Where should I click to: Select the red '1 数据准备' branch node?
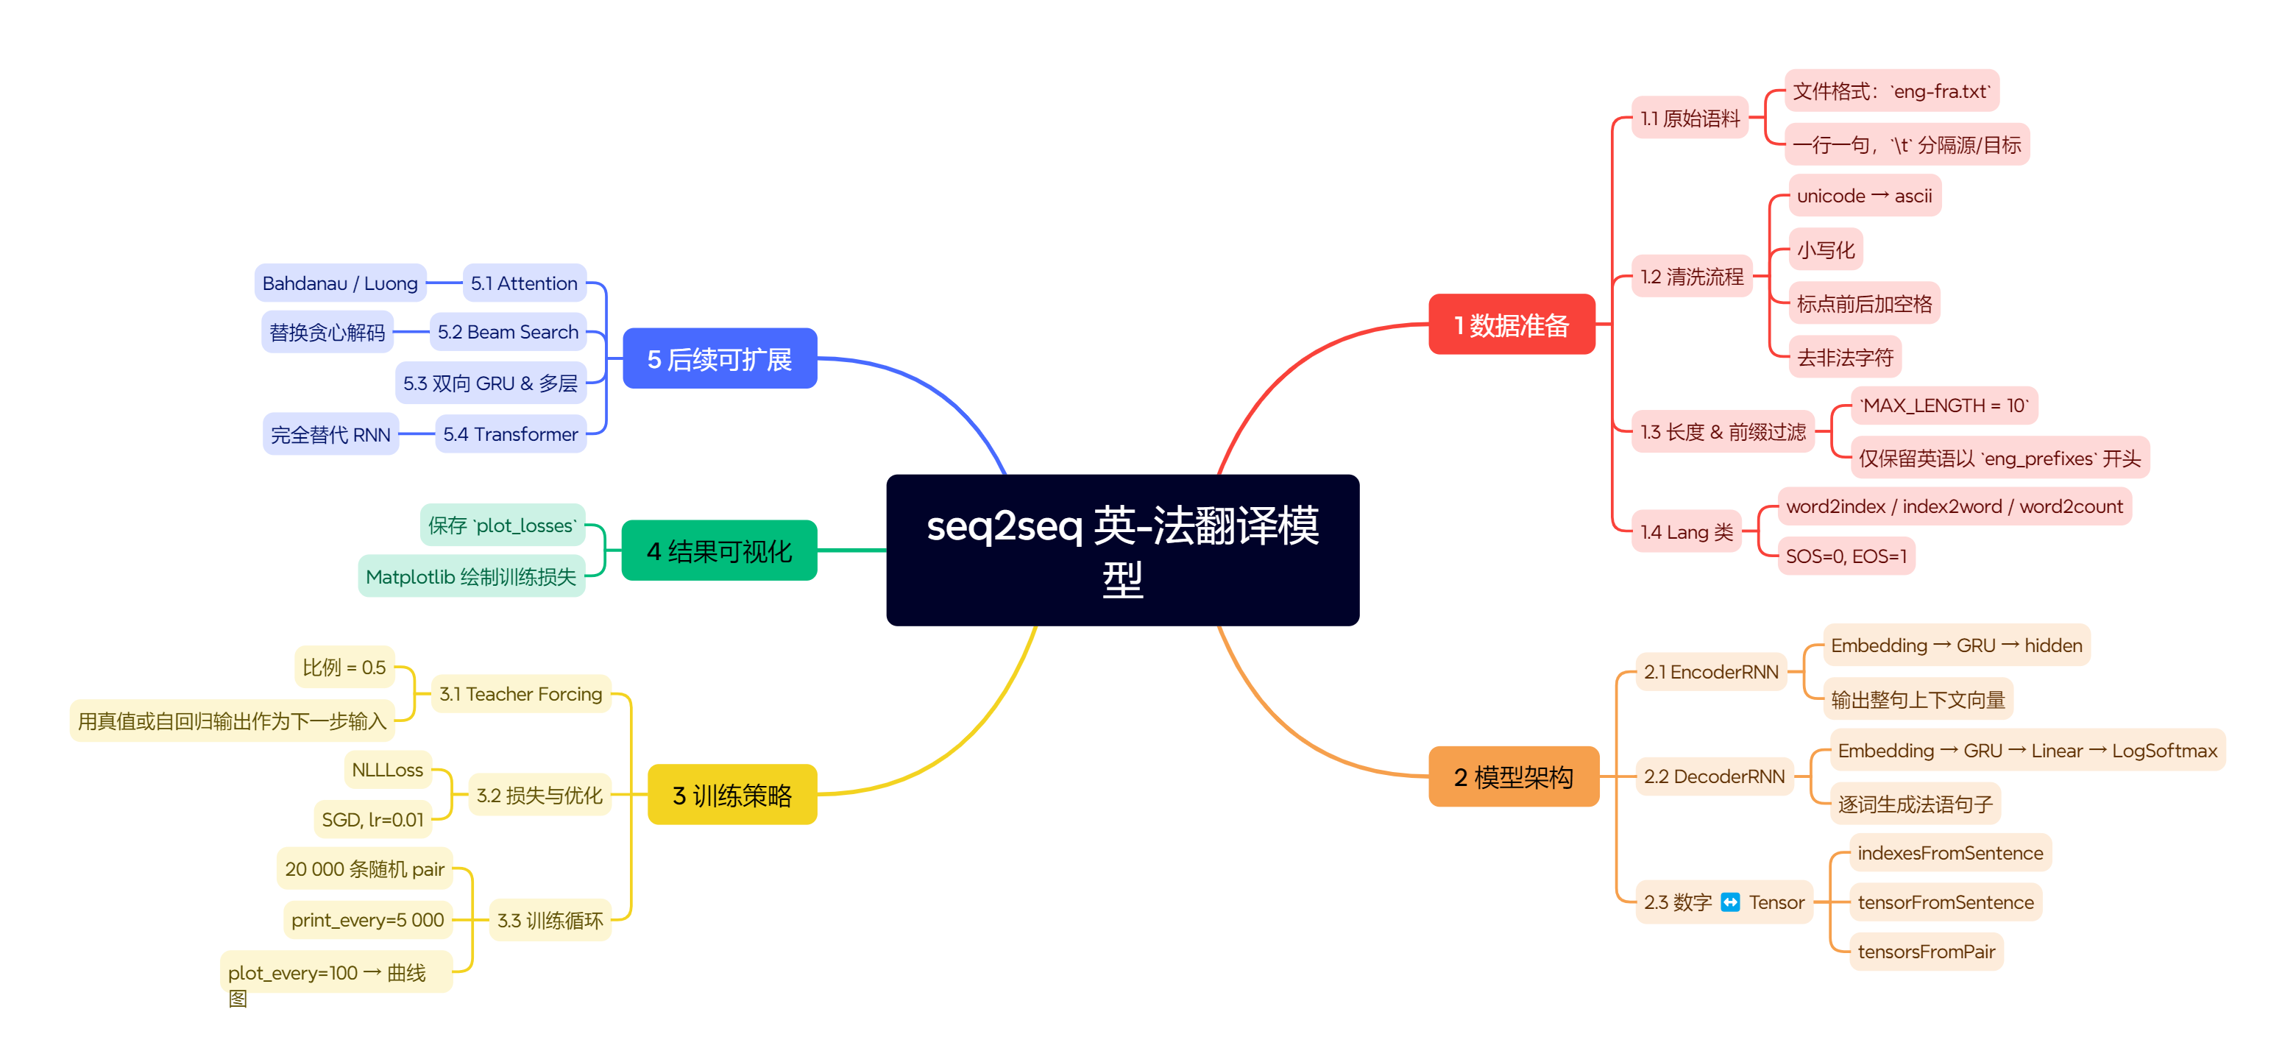(x=1511, y=325)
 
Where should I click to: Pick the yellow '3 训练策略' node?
(x=731, y=795)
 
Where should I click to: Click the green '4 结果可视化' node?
(x=718, y=551)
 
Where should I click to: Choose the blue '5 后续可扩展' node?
(x=718, y=358)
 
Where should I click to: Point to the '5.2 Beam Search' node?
(x=507, y=332)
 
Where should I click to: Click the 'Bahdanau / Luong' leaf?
(x=339, y=283)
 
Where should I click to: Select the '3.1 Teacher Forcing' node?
(x=520, y=694)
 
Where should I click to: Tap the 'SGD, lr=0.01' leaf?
(x=372, y=819)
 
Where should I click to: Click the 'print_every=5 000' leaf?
(x=367, y=919)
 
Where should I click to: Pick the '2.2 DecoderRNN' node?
(x=1713, y=776)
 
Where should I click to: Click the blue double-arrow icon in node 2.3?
(x=1729, y=902)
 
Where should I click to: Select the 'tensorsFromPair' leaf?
(x=1925, y=952)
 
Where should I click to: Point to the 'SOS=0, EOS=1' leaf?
(x=1845, y=556)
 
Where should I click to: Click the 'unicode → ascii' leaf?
(x=1864, y=195)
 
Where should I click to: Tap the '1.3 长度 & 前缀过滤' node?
(x=1722, y=431)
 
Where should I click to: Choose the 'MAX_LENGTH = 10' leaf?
(x=1943, y=406)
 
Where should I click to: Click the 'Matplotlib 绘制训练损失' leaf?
(x=471, y=577)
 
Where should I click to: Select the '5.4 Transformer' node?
(x=510, y=434)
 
